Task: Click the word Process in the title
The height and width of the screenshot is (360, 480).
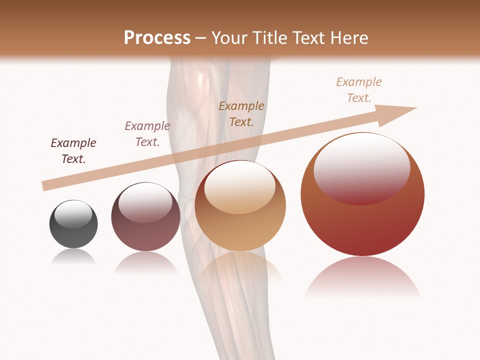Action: pyautogui.click(x=157, y=38)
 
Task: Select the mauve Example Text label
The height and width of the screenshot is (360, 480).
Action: pyautogui.click(x=147, y=134)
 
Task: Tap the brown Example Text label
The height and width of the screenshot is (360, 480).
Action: pyautogui.click(x=241, y=113)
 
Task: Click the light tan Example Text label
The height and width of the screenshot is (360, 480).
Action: pyautogui.click(x=359, y=90)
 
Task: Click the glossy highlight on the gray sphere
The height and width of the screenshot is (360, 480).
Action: pyautogui.click(x=73, y=214)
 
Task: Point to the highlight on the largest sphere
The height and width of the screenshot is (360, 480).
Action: pyautogui.click(x=362, y=168)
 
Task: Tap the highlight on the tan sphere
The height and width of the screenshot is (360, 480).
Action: pyautogui.click(x=240, y=187)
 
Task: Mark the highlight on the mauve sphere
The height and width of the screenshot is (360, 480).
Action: pyautogui.click(x=145, y=202)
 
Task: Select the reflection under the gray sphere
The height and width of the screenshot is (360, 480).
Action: pyautogui.click(x=73, y=257)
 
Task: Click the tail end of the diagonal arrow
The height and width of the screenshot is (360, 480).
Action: pyautogui.click(x=46, y=185)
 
